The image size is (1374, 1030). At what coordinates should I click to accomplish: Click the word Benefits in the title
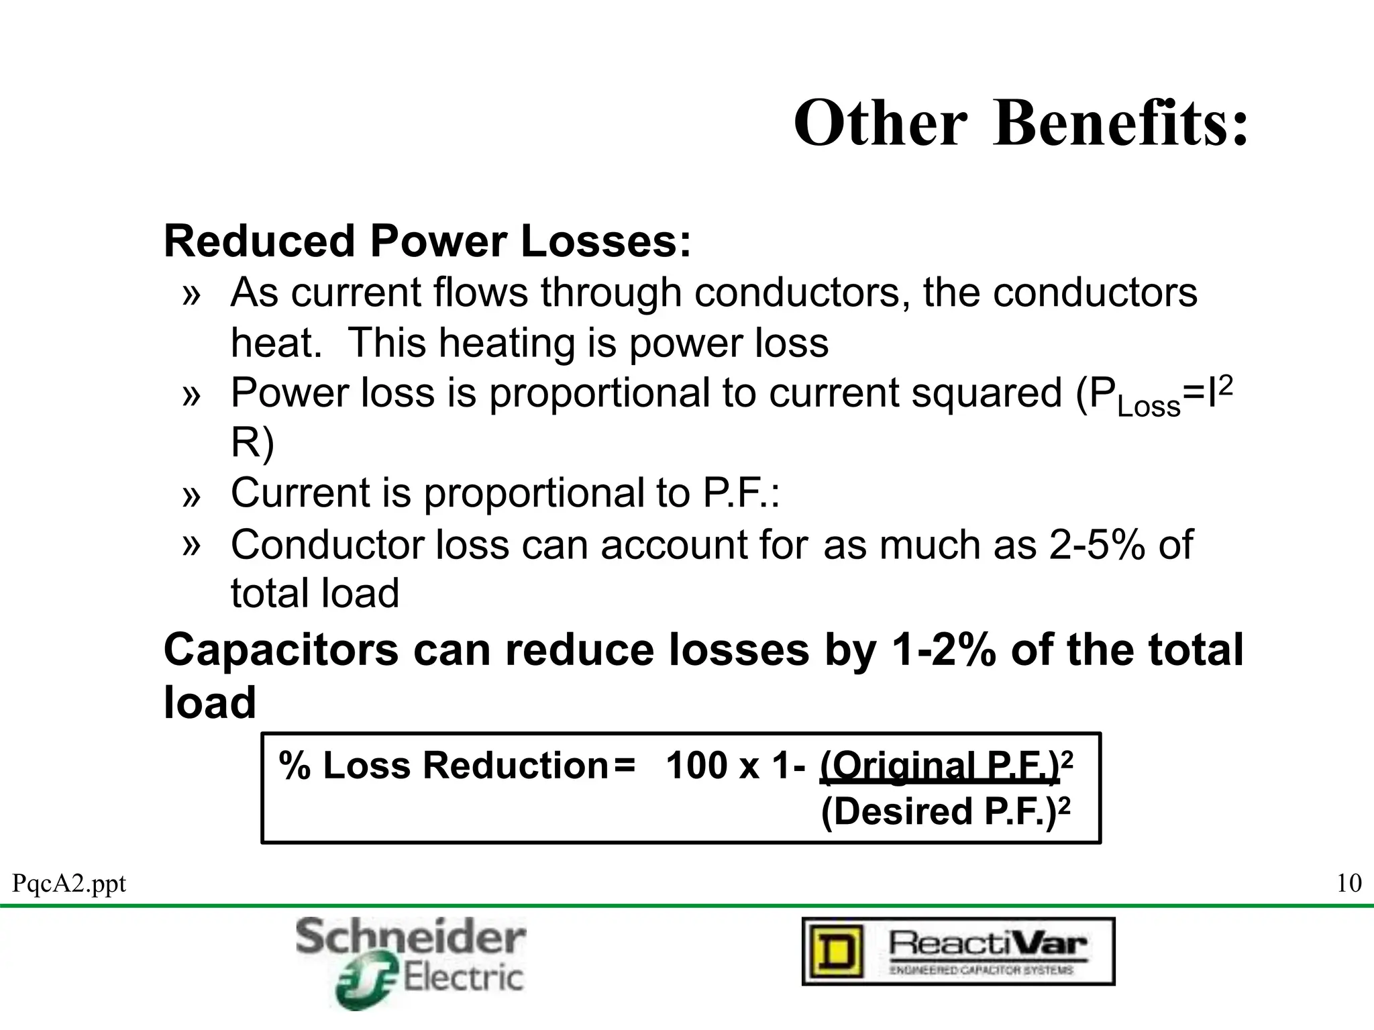(x=1120, y=123)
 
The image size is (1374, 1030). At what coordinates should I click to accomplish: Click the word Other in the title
(x=880, y=123)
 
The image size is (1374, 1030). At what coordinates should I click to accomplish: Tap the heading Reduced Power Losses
(x=427, y=242)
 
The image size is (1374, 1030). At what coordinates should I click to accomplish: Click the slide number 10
(x=1349, y=883)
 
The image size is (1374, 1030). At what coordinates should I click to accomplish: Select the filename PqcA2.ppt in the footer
(x=69, y=884)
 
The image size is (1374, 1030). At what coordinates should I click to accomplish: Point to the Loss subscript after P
(x=1149, y=407)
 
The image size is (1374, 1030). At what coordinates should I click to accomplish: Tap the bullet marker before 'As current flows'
(x=191, y=294)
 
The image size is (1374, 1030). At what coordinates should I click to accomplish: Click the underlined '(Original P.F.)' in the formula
(x=939, y=766)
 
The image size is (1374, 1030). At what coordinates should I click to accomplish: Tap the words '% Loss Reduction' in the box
(x=443, y=766)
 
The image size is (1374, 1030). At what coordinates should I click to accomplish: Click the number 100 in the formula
(x=696, y=766)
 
